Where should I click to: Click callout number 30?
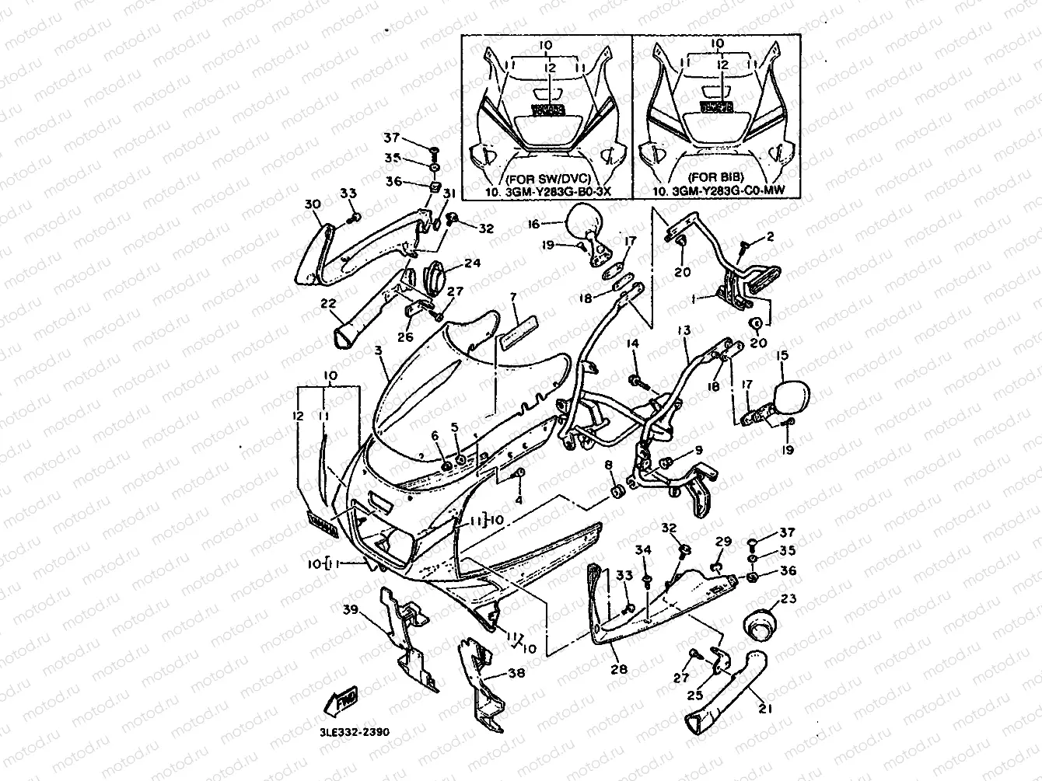pyautogui.click(x=312, y=204)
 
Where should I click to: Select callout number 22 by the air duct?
pyautogui.click(x=327, y=303)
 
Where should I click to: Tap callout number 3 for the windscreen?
pyautogui.click(x=378, y=351)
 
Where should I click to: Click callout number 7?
pyautogui.click(x=513, y=298)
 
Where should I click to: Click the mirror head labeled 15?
pyautogui.click(x=792, y=397)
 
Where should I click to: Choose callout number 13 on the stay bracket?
pyautogui.click(x=684, y=330)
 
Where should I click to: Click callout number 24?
pyautogui.click(x=472, y=263)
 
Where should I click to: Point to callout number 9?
pyautogui.click(x=698, y=450)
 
